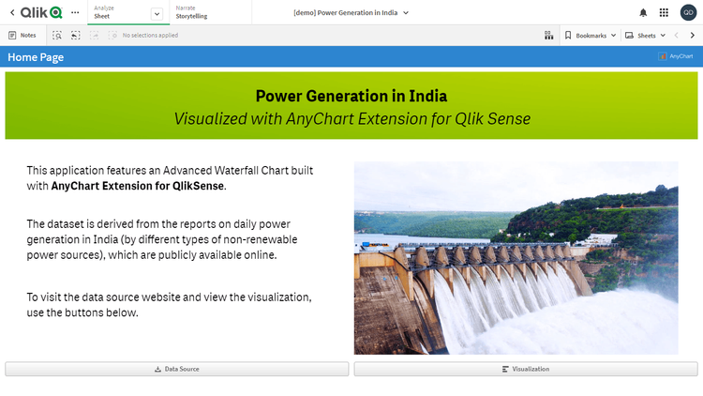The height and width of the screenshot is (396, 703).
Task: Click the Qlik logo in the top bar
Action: tap(40, 12)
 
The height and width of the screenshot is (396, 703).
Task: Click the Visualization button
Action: tap(526, 370)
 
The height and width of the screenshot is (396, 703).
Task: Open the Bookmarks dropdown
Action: tap(591, 35)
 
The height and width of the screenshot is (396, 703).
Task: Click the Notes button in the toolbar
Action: tap(22, 35)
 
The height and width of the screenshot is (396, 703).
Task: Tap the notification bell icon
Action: tap(643, 12)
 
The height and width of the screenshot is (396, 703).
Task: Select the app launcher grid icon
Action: tap(665, 12)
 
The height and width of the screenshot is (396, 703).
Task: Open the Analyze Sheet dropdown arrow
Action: tap(156, 13)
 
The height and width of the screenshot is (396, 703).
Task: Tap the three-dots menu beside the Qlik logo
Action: tap(75, 12)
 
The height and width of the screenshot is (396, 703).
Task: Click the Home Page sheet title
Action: tap(36, 57)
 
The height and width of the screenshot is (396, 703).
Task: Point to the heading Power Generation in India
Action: tap(351, 97)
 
